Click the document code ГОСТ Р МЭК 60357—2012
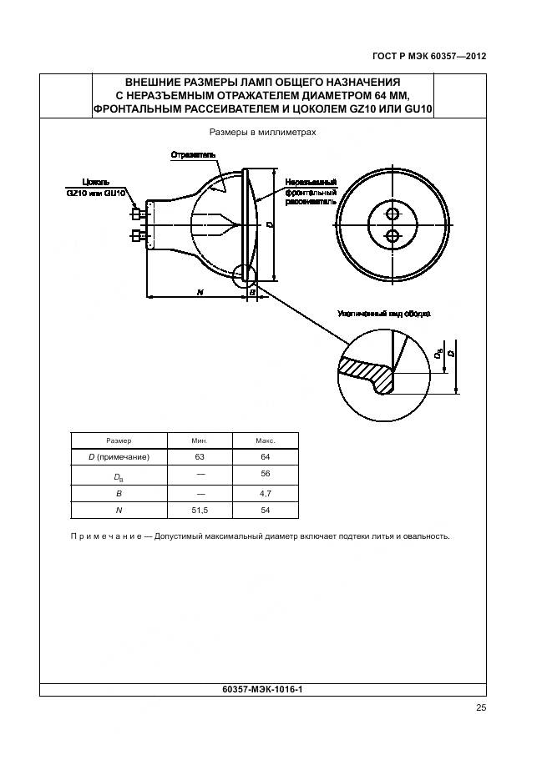coord(429,57)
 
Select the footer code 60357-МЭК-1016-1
coord(263,690)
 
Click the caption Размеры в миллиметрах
coord(262,132)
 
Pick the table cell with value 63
coord(200,456)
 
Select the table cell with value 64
coord(266,456)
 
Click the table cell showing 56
coord(266,475)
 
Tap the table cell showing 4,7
coord(266,493)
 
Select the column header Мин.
coord(200,440)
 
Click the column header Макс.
coord(266,440)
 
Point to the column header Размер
coord(119,440)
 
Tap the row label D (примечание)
coord(119,456)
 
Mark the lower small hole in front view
coord(392,236)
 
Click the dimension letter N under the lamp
coord(200,291)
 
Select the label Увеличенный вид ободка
coord(384,315)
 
